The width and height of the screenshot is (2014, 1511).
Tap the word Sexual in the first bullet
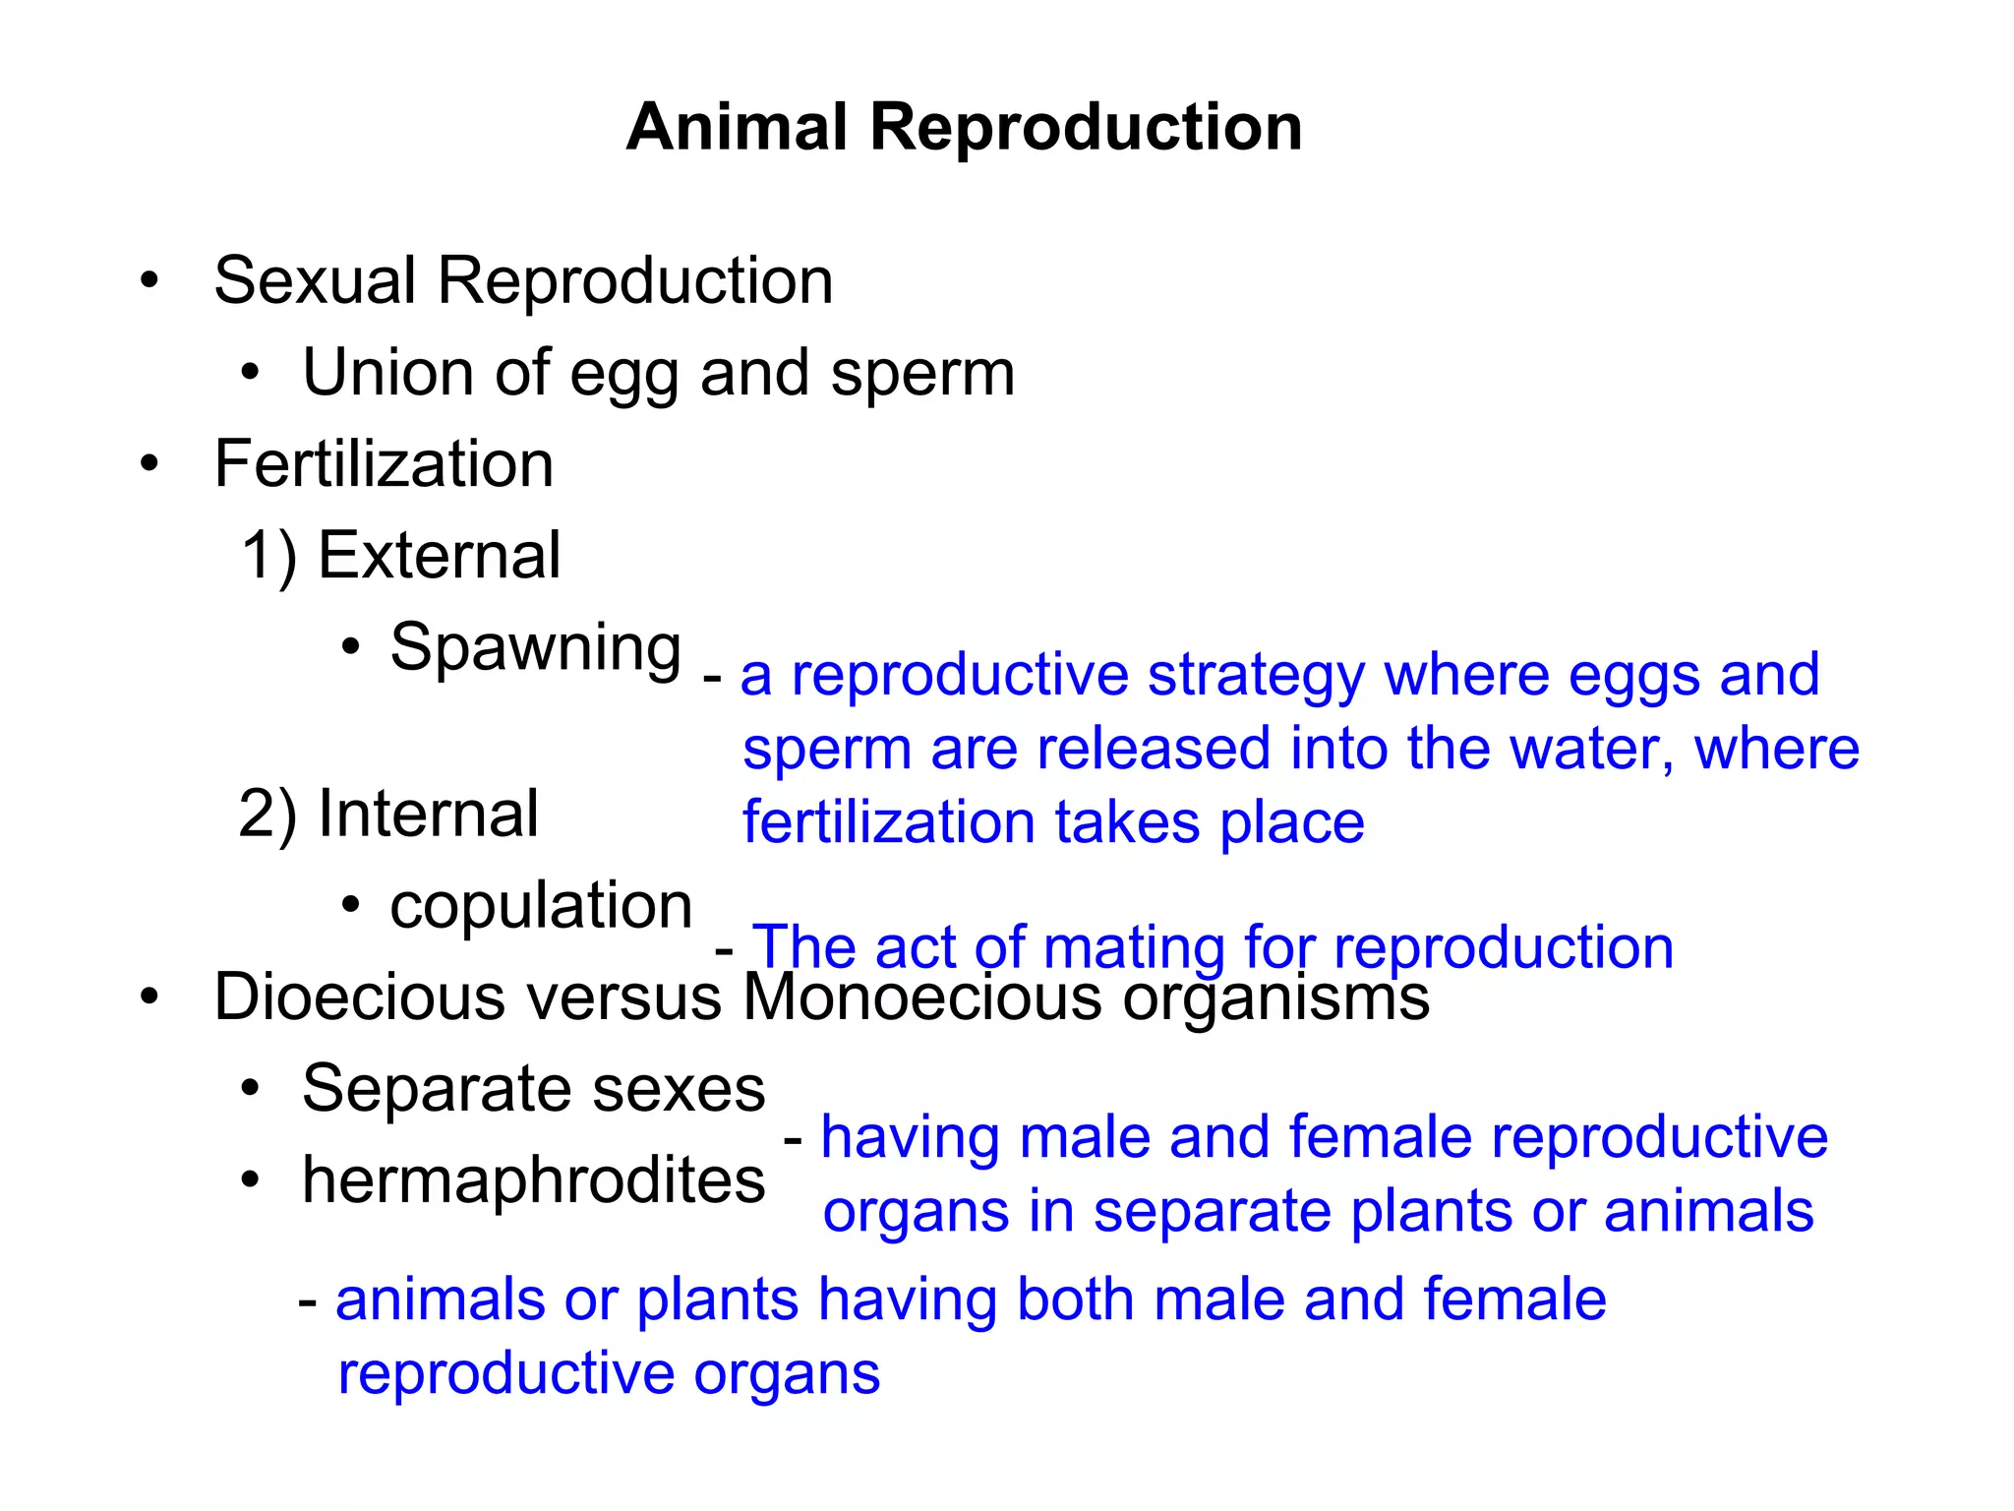click(315, 281)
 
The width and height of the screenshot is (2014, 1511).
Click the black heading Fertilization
click(384, 464)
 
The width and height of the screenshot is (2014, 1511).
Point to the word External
click(439, 556)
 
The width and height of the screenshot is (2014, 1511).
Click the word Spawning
click(535, 649)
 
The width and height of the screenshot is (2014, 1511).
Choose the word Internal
click(428, 815)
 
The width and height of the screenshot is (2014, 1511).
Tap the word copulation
click(541, 906)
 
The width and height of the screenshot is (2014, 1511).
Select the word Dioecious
click(360, 997)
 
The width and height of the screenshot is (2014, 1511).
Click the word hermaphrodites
click(533, 1180)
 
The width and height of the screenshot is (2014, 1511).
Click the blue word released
click(1154, 750)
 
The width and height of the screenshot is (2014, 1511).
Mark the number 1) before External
click(268, 557)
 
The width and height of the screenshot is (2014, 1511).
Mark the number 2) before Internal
click(267, 816)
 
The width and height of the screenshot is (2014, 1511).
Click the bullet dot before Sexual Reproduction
click(148, 281)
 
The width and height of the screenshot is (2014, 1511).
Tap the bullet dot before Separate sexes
click(251, 1089)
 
